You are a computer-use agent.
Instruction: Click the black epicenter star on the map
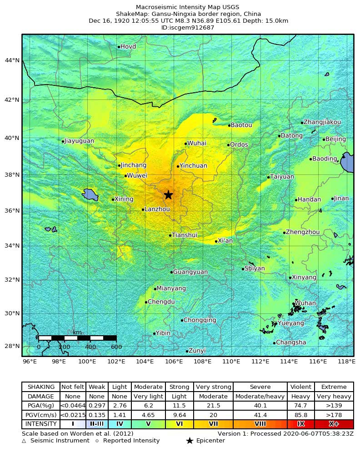pos(168,194)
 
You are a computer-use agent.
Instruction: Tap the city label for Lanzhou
pos(157,209)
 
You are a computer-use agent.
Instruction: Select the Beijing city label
pos(336,139)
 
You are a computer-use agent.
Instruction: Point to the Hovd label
pos(128,47)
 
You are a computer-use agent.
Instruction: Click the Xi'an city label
pos(225,241)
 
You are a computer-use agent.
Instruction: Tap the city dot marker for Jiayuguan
pos(63,141)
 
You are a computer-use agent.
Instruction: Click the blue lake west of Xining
pos(90,195)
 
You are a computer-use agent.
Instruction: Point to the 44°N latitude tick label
pos(12,60)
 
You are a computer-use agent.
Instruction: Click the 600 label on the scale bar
pos(116,347)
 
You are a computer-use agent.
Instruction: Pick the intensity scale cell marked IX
pos(300,424)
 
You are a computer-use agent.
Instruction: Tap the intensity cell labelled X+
pos(334,424)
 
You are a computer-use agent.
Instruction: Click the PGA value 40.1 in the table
pos(260,405)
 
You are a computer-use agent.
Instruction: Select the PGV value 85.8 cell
pos(300,415)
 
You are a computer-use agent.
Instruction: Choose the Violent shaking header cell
pos(300,387)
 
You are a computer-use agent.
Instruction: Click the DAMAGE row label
pos(41,396)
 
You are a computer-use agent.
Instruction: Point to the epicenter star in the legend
pos(190,441)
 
